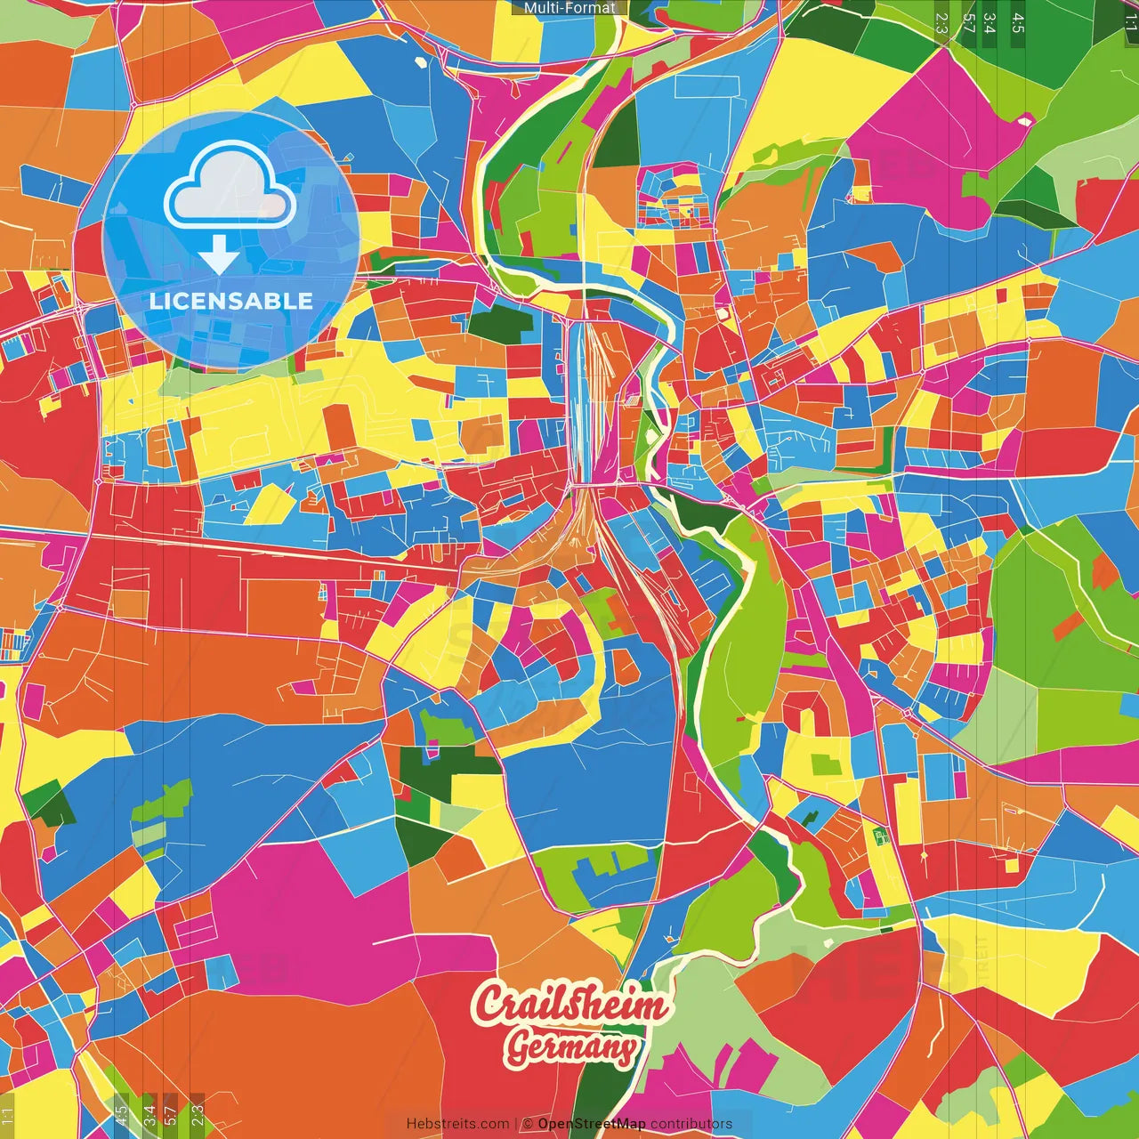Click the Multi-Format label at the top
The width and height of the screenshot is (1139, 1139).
[x=569, y=8]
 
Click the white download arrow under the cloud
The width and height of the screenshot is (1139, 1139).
[x=218, y=255]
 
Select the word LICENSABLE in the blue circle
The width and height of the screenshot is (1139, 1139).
[x=230, y=301]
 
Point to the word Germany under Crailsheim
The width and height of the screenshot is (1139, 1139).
[x=571, y=1047]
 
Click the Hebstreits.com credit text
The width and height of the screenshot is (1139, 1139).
[x=457, y=1124]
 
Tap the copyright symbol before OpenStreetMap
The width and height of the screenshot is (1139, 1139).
[x=528, y=1124]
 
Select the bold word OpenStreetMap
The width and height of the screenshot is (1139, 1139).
[x=591, y=1124]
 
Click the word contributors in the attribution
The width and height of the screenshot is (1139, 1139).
[x=691, y=1124]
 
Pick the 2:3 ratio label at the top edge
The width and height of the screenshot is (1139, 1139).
[x=941, y=22]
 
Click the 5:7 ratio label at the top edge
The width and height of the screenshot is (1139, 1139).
[x=968, y=22]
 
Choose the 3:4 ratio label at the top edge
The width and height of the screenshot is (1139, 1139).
[x=990, y=22]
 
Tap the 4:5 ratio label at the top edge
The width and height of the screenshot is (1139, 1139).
[x=1018, y=22]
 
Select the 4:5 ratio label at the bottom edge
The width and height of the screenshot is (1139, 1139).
[x=121, y=1112]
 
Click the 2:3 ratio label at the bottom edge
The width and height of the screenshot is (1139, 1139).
[x=198, y=1112]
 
